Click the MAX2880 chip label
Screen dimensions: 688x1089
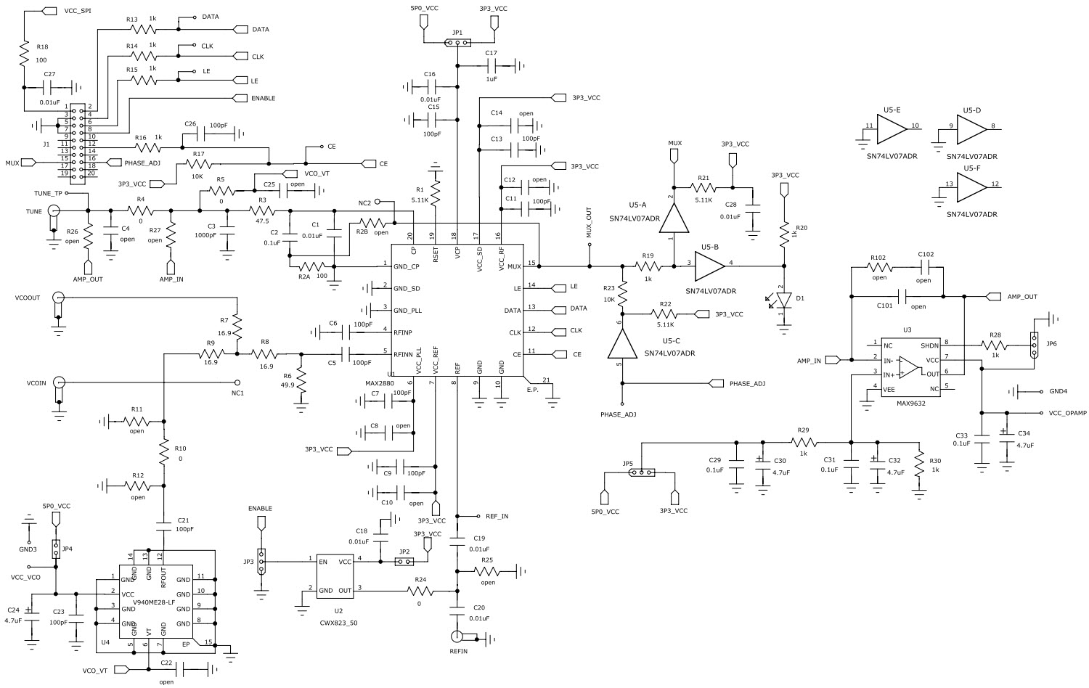pos(380,382)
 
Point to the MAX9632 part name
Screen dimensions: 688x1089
pos(911,404)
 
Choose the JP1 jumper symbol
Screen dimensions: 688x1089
pos(457,42)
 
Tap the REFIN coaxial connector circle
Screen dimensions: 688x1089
pos(456,637)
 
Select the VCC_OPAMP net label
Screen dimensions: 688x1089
pos(1067,413)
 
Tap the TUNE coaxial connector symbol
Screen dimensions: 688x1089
pos(53,211)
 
